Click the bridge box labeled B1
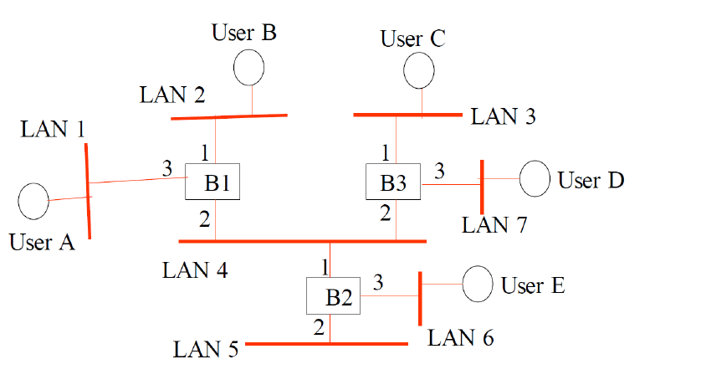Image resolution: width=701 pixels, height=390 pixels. (212, 182)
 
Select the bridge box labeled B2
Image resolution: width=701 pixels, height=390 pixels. (333, 297)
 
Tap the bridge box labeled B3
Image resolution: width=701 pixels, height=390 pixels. (393, 182)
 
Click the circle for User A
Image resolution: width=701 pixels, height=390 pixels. (33, 202)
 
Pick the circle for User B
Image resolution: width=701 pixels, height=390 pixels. (248, 67)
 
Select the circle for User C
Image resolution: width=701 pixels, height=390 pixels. (419, 71)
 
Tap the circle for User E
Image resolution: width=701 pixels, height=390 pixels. (478, 284)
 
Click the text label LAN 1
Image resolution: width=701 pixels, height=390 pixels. (53, 129)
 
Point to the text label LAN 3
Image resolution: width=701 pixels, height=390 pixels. (503, 116)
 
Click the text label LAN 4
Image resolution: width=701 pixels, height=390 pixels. (194, 269)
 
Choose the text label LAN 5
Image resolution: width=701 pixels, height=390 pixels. (206, 349)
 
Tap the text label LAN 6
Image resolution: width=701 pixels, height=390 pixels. (460, 338)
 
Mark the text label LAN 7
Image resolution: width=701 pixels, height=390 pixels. (494, 224)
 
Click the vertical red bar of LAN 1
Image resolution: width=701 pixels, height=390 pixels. (88, 192)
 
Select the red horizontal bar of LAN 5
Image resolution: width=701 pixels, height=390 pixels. (326, 344)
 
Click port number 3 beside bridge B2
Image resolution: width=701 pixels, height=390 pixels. (378, 282)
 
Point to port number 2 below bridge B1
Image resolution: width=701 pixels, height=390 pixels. (203, 220)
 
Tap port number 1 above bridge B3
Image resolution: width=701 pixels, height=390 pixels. (385, 152)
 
